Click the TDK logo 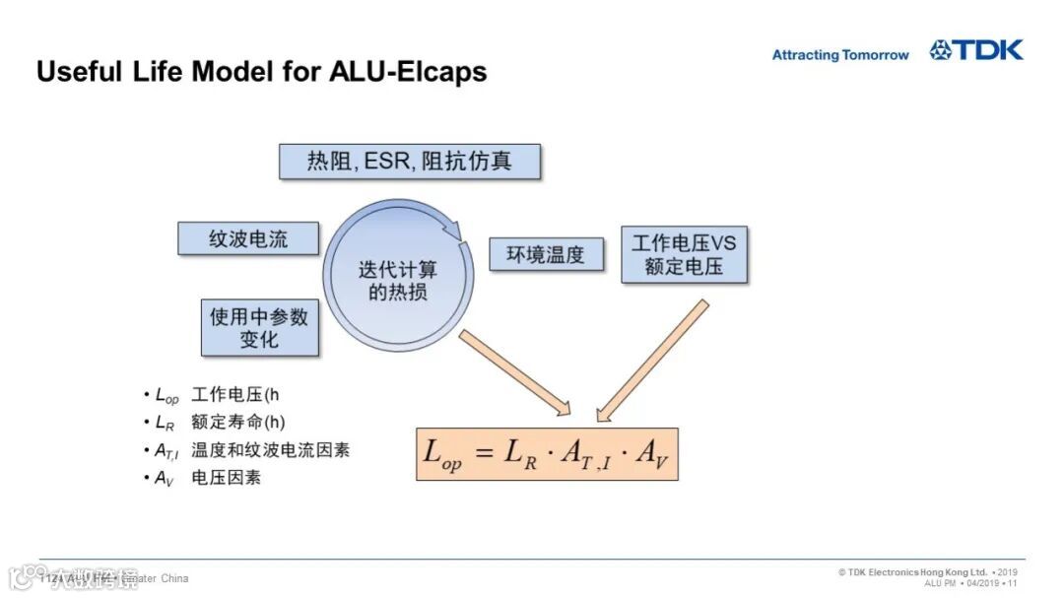[976, 50]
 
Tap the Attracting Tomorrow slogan [839, 55]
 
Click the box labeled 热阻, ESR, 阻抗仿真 [409, 162]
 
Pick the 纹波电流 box [248, 239]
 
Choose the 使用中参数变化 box [259, 328]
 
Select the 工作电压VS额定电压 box [684, 254]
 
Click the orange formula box [547, 454]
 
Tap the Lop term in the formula [441, 454]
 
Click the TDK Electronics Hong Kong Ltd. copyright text [912, 572]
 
